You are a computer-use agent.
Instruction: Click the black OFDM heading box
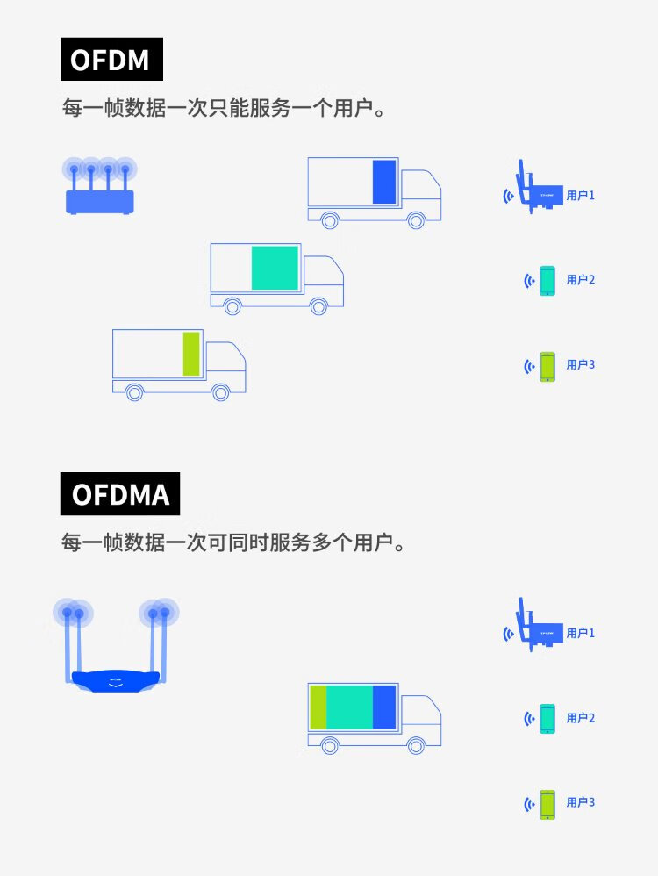[x=111, y=60]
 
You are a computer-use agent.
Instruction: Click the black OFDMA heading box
[x=120, y=493]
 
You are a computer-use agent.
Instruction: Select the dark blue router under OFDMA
[x=116, y=677]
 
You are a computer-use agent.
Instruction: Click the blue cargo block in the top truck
[x=384, y=182]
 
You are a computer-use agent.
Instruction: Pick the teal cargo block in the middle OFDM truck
[x=275, y=268]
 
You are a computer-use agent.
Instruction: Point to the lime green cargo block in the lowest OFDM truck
[x=191, y=354]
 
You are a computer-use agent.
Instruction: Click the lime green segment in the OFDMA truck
[x=318, y=707]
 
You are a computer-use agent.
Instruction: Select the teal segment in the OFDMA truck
[x=349, y=707]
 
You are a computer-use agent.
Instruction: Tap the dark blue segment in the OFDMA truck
[x=384, y=707]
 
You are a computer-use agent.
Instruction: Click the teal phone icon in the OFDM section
[x=547, y=280]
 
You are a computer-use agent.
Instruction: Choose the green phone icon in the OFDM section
[x=547, y=365]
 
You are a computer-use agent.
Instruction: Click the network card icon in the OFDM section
[x=535, y=190]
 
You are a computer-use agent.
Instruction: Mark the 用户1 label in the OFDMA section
[x=580, y=633]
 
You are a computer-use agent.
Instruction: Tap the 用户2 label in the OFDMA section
[x=580, y=718]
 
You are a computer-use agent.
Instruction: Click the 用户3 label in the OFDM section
[x=580, y=364]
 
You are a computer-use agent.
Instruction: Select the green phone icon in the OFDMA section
[x=547, y=803]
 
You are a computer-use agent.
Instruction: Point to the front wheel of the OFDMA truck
[x=417, y=745]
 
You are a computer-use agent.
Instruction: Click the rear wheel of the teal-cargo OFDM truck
[x=232, y=306]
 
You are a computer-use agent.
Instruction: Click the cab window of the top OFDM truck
[x=418, y=185]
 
